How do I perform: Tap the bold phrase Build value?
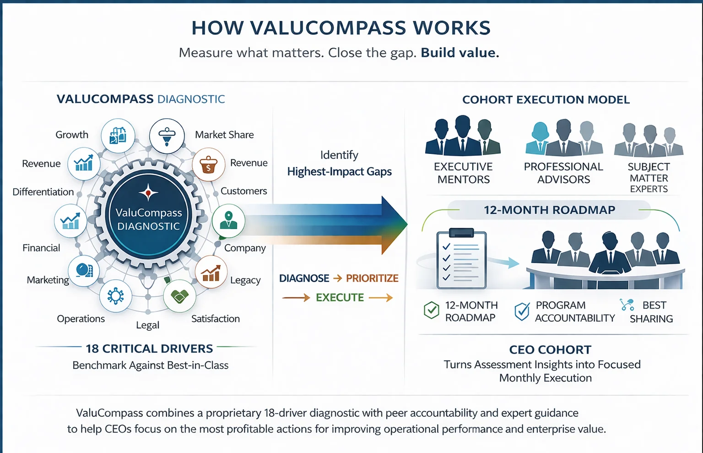point(460,53)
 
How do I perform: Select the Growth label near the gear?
point(72,135)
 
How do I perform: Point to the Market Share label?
point(224,135)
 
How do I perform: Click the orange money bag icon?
point(209,164)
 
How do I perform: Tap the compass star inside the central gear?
point(148,193)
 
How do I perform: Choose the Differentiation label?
point(43,192)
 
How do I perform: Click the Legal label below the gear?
point(147,325)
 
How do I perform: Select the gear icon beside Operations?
point(115,296)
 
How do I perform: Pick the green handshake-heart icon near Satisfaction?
point(179,296)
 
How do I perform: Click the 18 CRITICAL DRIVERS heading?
point(149,349)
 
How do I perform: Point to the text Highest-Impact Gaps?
point(339,172)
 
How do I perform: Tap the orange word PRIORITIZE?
point(372,278)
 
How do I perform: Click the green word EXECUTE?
point(340,298)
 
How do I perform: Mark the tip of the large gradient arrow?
point(406,225)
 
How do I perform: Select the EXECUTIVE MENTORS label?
point(463,173)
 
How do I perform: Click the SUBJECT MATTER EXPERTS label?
point(649,178)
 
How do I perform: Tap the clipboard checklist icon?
point(461,260)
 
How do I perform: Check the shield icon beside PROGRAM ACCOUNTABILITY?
point(522,311)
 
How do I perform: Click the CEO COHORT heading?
point(550,350)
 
